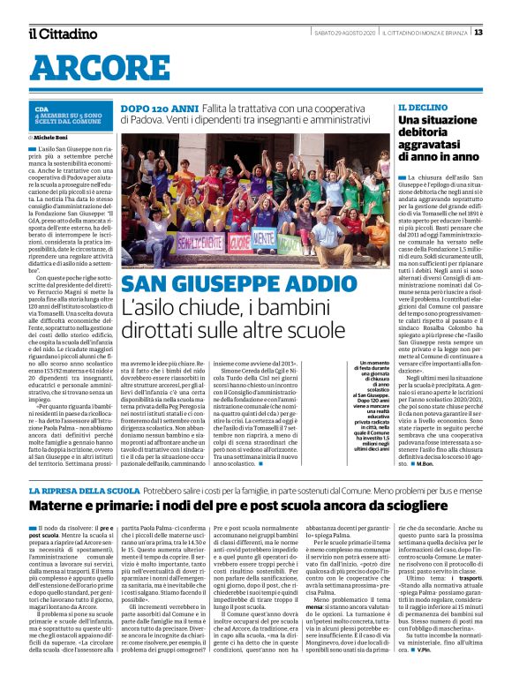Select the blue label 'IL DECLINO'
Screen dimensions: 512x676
click(x=420, y=107)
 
